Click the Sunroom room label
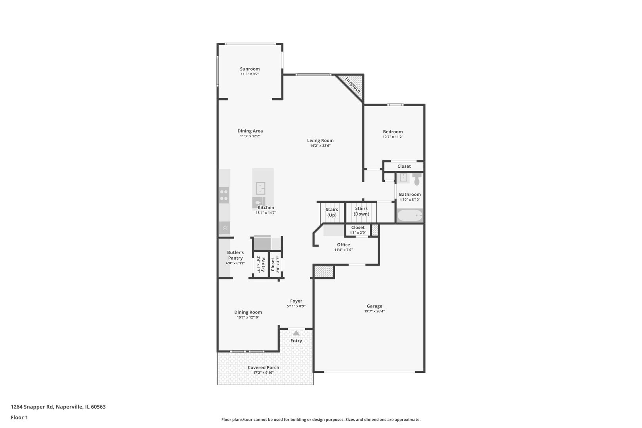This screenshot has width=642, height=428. (x=250, y=69)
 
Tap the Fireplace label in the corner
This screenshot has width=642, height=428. (x=352, y=85)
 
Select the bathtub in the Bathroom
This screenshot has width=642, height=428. (x=410, y=216)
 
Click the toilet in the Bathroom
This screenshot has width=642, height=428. (x=417, y=179)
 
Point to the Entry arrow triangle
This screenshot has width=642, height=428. (x=296, y=333)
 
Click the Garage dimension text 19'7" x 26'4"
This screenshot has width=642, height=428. (x=374, y=311)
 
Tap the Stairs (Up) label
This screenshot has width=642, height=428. (x=332, y=212)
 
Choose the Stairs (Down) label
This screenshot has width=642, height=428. (x=361, y=211)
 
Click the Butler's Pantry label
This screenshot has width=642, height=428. (x=235, y=255)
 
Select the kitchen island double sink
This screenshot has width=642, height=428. (x=260, y=188)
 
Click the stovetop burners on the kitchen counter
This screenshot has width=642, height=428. (x=224, y=195)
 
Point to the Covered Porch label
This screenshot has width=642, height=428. (x=264, y=367)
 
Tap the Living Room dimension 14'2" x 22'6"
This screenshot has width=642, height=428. (x=320, y=145)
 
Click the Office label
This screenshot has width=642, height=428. (x=343, y=245)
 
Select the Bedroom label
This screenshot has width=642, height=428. (x=393, y=132)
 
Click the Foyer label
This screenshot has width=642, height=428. (x=296, y=301)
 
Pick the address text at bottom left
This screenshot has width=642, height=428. (x=58, y=407)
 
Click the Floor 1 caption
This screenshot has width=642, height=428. (x=19, y=417)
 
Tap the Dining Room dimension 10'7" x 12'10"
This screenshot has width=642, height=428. (x=248, y=317)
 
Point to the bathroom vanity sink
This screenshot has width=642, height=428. (x=403, y=178)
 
